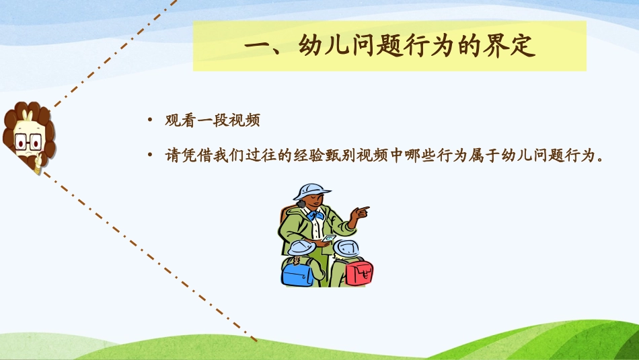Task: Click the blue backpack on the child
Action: click(297, 273)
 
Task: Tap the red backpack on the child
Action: click(360, 273)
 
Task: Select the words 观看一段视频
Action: click(213, 122)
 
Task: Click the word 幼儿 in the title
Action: click(316, 46)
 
